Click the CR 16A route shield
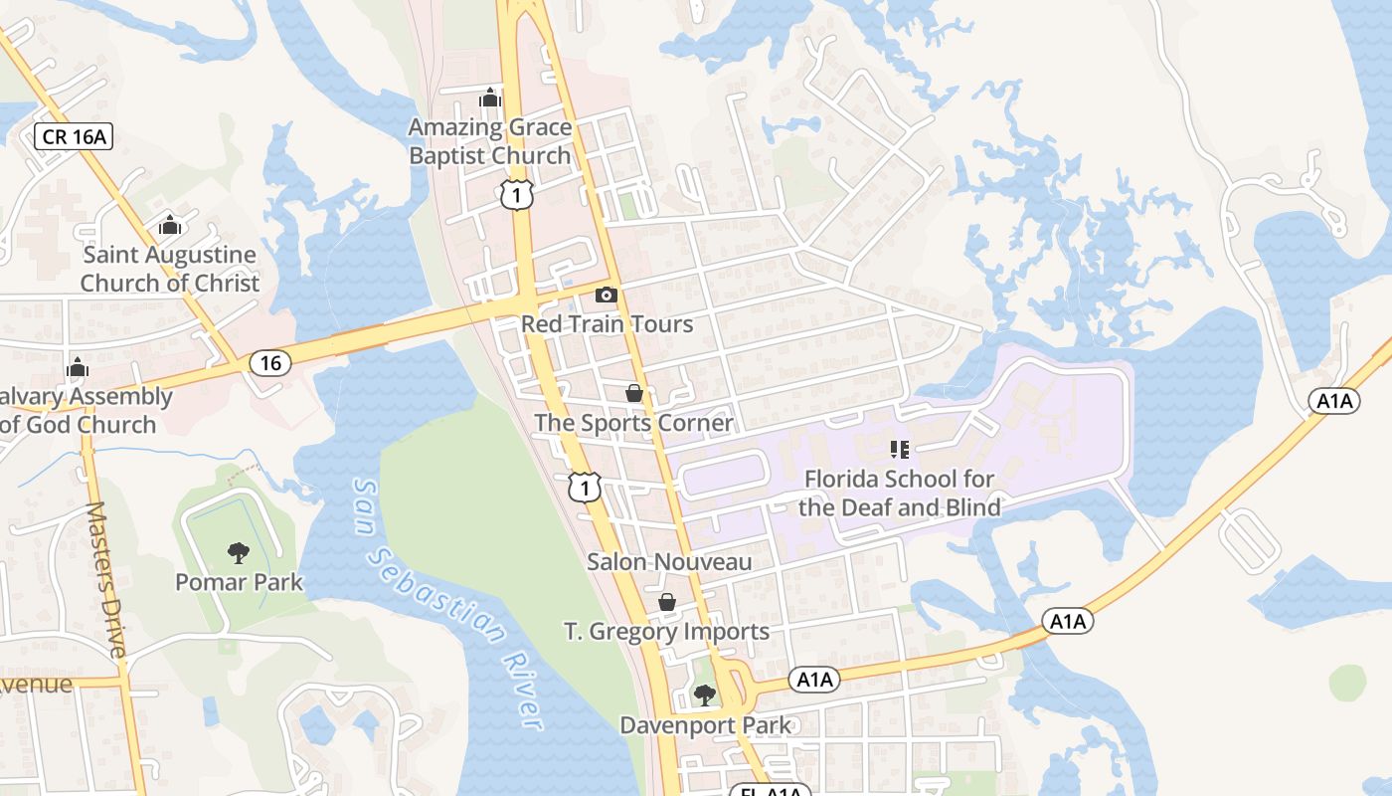pyautogui.click(x=74, y=136)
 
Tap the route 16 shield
pyautogui.click(x=270, y=363)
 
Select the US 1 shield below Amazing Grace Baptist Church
pyautogui.click(x=517, y=194)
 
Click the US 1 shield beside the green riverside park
pyautogui.click(x=586, y=487)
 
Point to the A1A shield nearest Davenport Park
pyautogui.click(x=814, y=680)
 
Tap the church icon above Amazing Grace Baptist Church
pyautogui.click(x=489, y=98)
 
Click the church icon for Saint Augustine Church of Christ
pyautogui.click(x=170, y=225)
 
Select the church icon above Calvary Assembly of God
pyautogui.click(x=78, y=368)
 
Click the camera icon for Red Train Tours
pyautogui.click(x=606, y=295)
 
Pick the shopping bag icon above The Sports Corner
pyautogui.click(x=634, y=394)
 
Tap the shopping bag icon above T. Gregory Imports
pyautogui.click(x=667, y=602)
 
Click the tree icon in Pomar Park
pyautogui.click(x=239, y=552)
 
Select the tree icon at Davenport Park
pyautogui.click(x=704, y=695)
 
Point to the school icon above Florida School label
pyautogui.click(x=900, y=450)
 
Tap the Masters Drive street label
pyautogui.click(x=106, y=579)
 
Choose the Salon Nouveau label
pyautogui.click(x=669, y=562)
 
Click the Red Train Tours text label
pyautogui.click(x=607, y=324)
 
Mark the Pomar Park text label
pyautogui.click(x=239, y=582)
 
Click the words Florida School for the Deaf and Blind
pyautogui.click(x=900, y=493)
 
